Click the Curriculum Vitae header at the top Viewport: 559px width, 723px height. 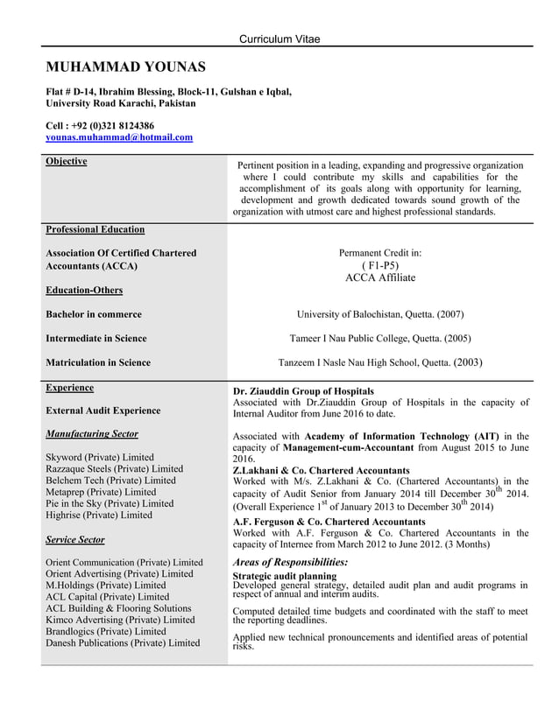coord(279,39)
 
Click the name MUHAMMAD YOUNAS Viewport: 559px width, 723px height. coord(125,67)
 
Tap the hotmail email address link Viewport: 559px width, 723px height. coord(119,138)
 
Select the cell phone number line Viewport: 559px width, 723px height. coord(100,125)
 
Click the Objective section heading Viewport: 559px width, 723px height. coord(66,162)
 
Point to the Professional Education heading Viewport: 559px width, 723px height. coord(95,229)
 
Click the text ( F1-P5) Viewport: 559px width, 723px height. coord(380,265)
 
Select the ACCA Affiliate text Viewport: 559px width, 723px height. coord(380,277)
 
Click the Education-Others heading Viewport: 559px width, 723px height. coord(84,290)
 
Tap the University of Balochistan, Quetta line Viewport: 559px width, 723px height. coord(380,314)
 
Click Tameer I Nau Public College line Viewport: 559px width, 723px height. coord(379,338)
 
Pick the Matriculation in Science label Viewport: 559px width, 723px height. coord(97,362)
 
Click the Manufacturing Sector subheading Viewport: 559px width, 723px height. coord(91,434)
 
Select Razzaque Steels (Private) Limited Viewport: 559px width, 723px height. coord(114,469)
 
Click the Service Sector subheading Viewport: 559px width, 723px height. coord(74,540)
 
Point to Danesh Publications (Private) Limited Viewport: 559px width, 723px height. coord(122,642)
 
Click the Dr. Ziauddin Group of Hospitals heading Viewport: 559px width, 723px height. coord(303,390)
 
